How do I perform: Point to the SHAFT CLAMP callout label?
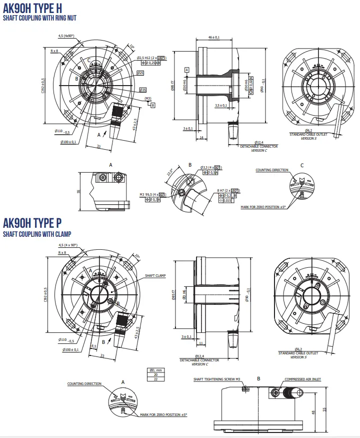tap(155, 275)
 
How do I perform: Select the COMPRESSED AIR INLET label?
tap(302, 379)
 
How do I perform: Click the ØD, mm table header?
tap(156, 370)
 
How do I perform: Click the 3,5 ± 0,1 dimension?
tap(220, 106)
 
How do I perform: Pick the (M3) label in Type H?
tap(148, 98)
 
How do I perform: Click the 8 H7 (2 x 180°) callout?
tap(228, 190)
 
